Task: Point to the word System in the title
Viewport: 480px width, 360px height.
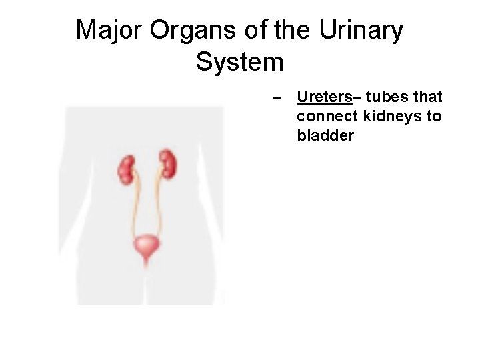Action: click(240, 62)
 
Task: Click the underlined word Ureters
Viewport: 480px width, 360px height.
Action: click(325, 97)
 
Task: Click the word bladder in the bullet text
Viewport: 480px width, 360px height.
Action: click(325, 135)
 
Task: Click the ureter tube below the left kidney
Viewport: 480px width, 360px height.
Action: click(135, 207)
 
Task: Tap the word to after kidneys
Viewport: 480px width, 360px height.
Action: click(434, 117)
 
